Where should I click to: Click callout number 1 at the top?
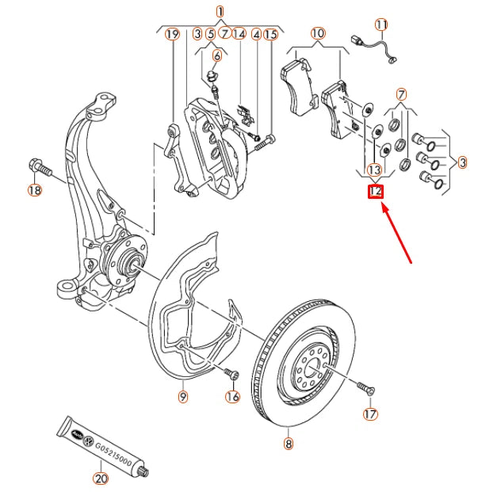click(220, 11)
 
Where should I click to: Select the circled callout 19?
click(172, 34)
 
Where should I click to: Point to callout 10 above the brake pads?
click(318, 34)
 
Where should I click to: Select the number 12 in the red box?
click(376, 192)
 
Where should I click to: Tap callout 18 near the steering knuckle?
click(34, 190)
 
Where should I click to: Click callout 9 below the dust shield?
click(182, 395)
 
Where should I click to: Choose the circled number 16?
click(232, 396)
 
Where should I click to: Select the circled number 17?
click(370, 414)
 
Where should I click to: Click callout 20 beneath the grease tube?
click(101, 479)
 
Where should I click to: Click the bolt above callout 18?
click(37, 167)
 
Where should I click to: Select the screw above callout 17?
click(365, 388)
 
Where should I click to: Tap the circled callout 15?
click(271, 34)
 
